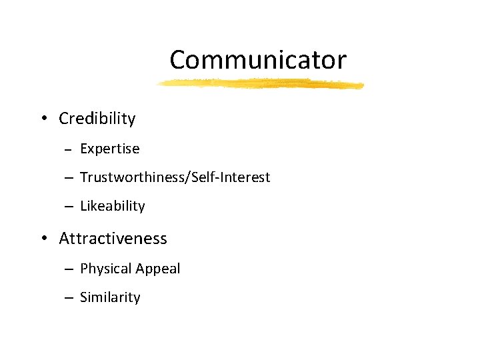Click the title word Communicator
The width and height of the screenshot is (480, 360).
point(258,60)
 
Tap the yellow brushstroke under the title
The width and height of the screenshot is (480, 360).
point(260,84)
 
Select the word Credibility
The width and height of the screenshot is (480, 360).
point(97,119)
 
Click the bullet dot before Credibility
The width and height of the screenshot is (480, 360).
point(43,119)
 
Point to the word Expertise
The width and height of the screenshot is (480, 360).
point(109,149)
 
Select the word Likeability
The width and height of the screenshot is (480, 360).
point(112,206)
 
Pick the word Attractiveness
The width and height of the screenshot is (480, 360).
point(113,238)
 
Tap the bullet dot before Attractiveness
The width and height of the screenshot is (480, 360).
point(43,239)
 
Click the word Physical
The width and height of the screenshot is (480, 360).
point(103,269)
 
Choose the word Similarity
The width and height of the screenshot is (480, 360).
point(110,297)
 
